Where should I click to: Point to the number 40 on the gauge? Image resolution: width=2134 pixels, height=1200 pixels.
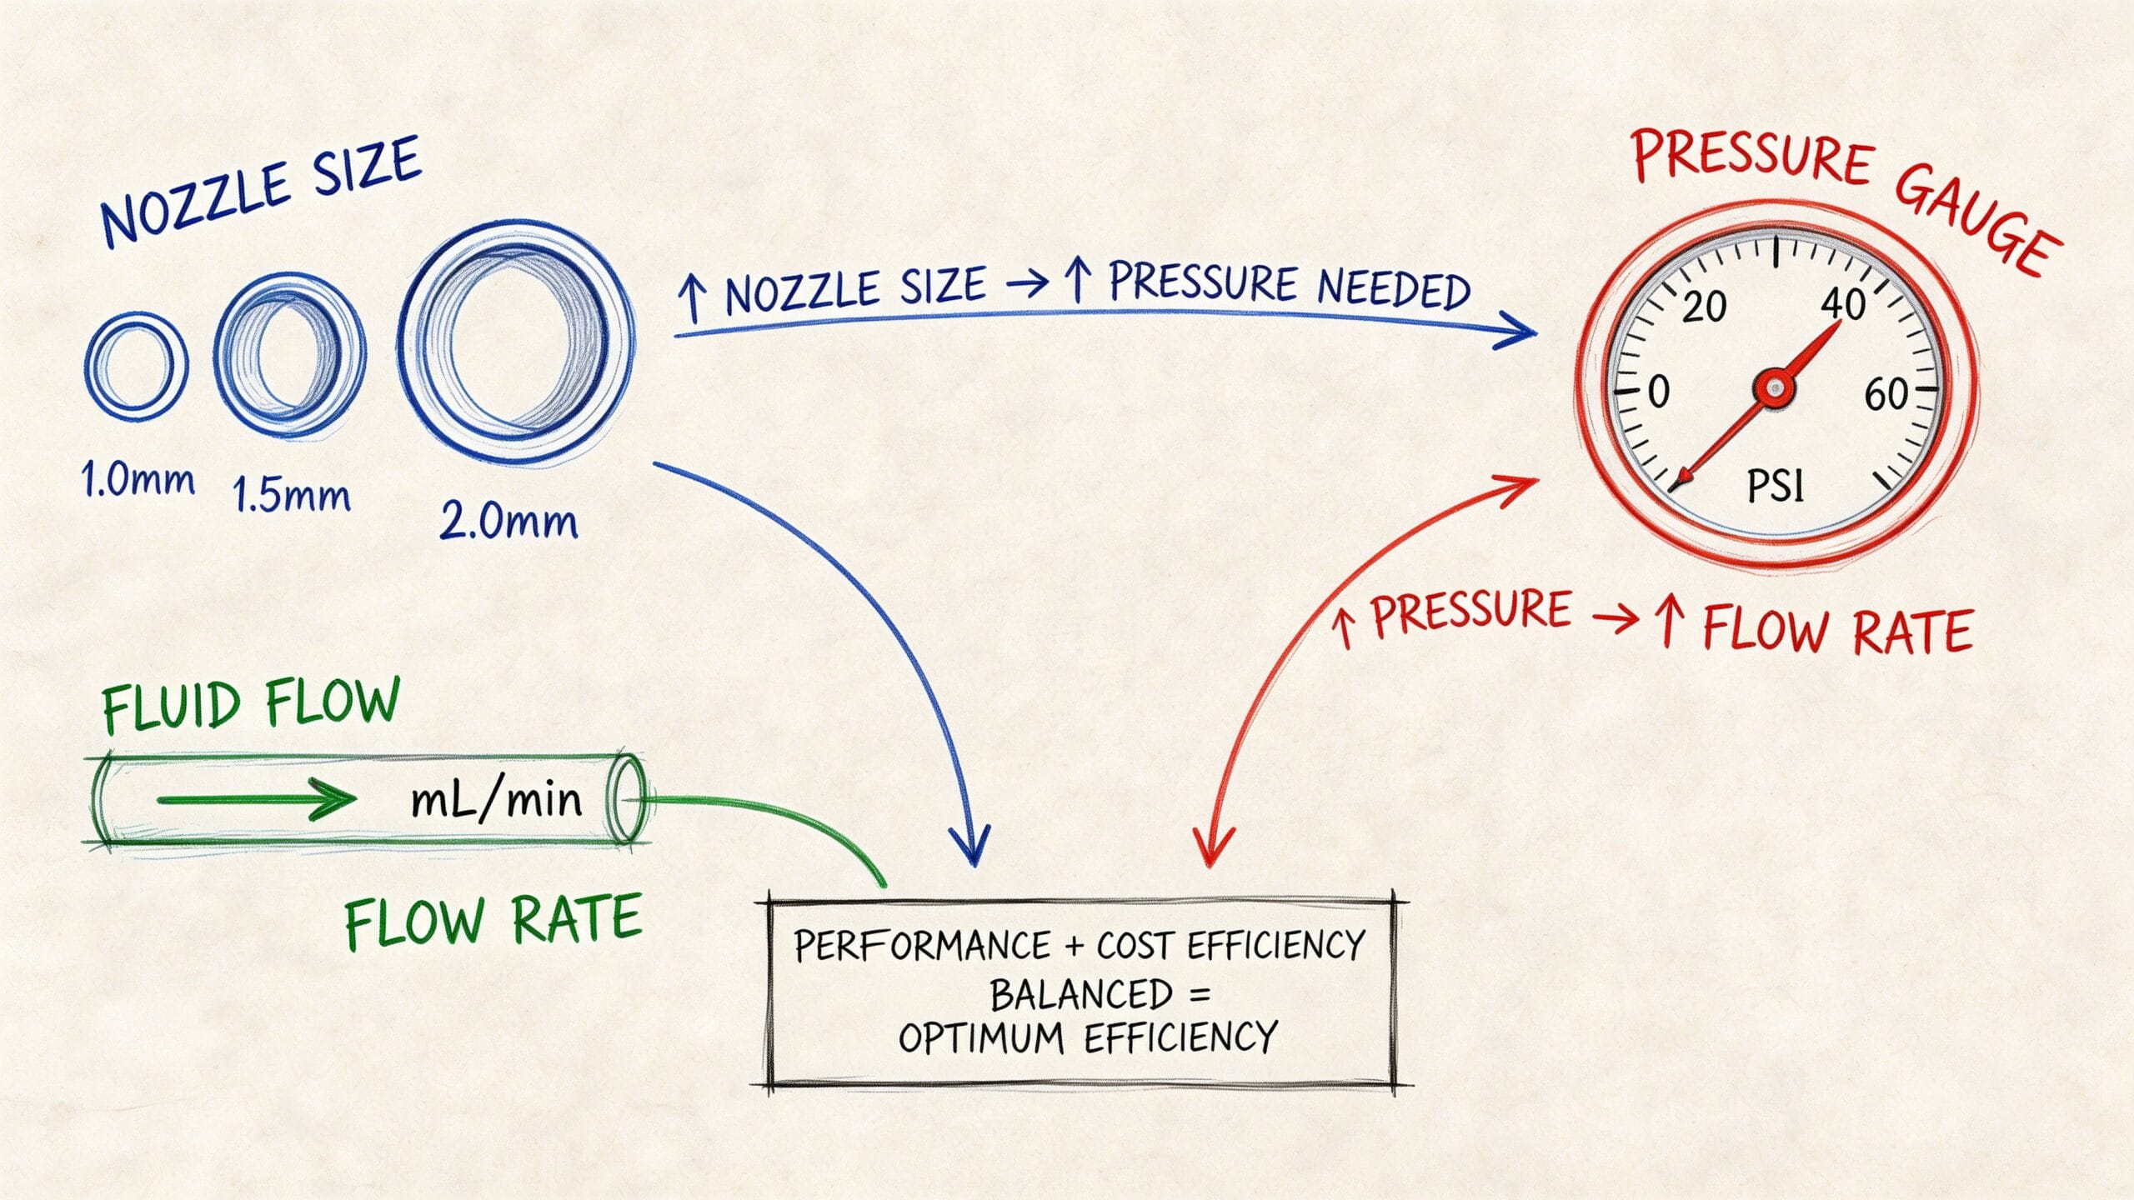coord(1842,305)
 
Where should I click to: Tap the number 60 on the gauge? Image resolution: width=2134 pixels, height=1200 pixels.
coord(1886,394)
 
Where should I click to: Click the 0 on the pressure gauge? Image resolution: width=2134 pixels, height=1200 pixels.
coord(1659,391)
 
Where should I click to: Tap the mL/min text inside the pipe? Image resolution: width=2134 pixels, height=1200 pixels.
coord(497,801)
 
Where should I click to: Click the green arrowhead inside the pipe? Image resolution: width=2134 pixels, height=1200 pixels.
coord(333,801)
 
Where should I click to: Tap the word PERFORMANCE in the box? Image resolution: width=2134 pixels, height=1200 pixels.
coord(922,947)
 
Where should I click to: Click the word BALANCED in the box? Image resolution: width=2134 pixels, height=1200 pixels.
coord(1081,994)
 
